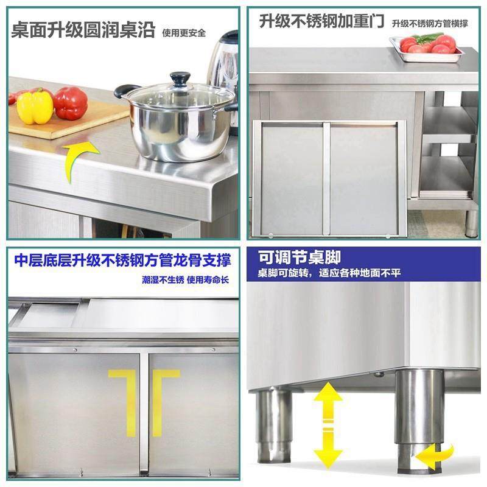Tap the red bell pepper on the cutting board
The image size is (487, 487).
(x=70, y=103)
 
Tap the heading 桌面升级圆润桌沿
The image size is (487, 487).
(x=83, y=30)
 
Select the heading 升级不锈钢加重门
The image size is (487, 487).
(x=321, y=23)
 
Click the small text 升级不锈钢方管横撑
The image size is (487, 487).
(x=430, y=24)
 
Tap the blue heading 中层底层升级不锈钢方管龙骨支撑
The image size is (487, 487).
(x=122, y=261)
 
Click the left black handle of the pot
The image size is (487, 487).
(x=125, y=91)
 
